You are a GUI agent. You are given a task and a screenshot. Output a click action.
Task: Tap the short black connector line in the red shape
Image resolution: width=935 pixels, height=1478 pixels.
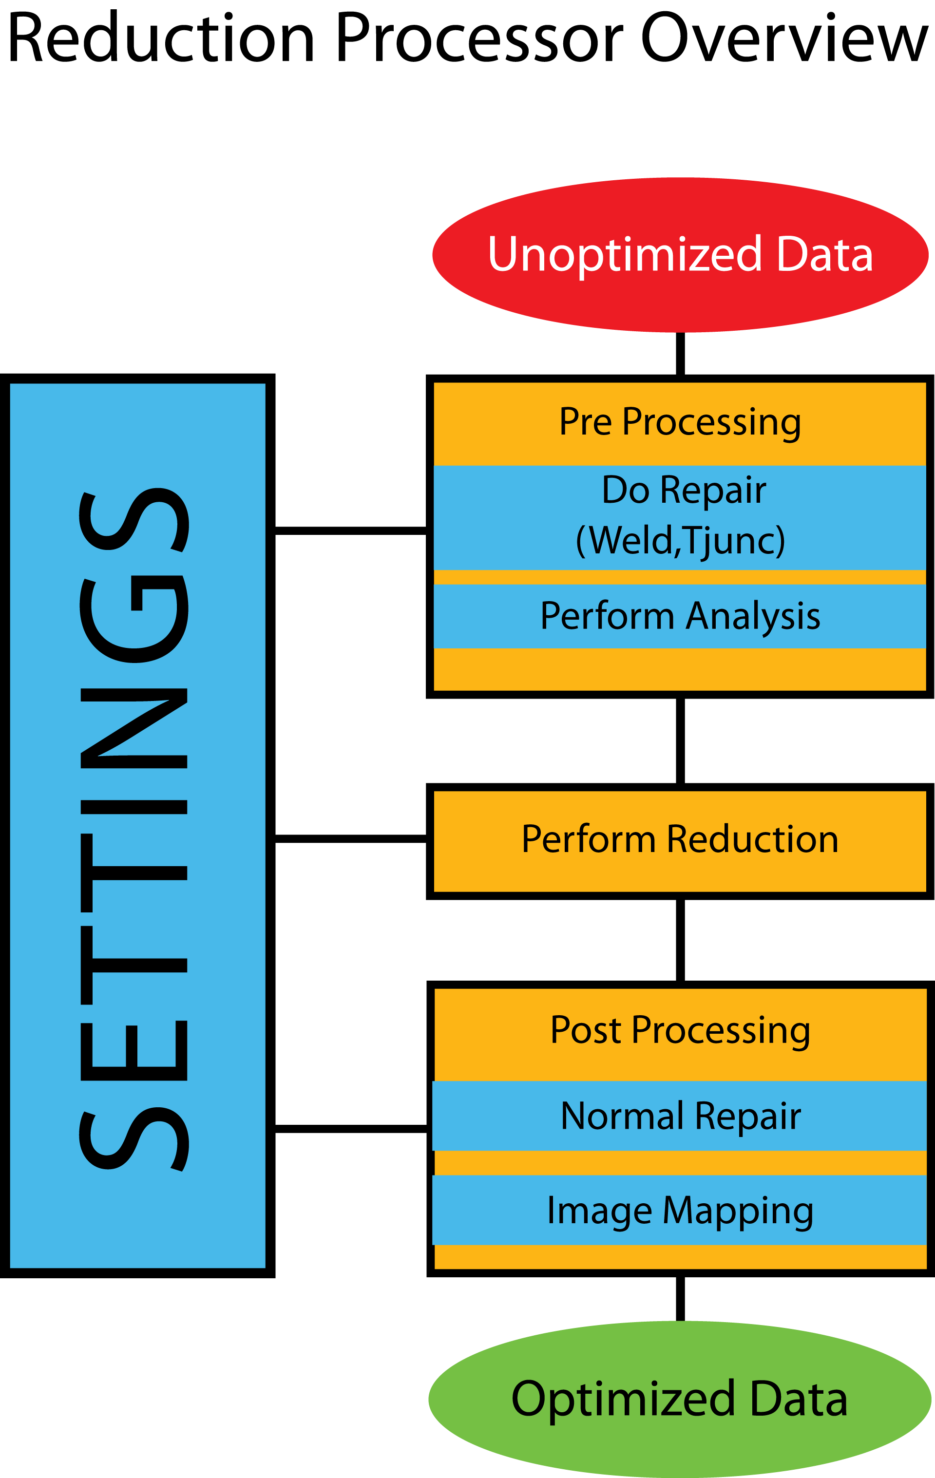[x=680, y=353]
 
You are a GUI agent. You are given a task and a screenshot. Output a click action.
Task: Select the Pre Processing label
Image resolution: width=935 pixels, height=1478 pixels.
[x=680, y=422]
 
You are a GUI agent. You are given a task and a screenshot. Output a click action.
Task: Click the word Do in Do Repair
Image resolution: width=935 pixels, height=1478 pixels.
[x=625, y=490]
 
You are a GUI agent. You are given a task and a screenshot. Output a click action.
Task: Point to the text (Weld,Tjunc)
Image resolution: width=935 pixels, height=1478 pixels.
[x=680, y=541]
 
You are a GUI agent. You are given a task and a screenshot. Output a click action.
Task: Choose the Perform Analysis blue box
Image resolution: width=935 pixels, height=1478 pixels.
[x=680, y=616]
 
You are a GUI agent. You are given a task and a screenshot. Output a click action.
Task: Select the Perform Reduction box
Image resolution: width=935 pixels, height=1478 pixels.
[x=680, y=841]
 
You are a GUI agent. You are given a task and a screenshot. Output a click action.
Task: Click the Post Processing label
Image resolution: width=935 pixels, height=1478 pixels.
[x=680, y=1030]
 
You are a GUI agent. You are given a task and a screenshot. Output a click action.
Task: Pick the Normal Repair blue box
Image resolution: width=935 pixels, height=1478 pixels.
[x=680, y=1116]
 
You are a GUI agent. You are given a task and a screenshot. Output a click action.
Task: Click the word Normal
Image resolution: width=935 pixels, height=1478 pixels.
[x=622, y=1116]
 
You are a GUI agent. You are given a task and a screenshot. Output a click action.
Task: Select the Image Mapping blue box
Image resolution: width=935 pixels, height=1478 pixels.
[x=680, y=1211]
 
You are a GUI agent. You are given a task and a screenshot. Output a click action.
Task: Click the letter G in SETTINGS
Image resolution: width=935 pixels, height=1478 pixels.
[x=134, y=619]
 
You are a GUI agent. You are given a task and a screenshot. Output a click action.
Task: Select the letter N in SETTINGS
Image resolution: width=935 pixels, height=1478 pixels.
[x=134, y=728]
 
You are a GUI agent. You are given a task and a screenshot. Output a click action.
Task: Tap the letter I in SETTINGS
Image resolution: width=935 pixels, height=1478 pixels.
[x=134, y=807]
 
